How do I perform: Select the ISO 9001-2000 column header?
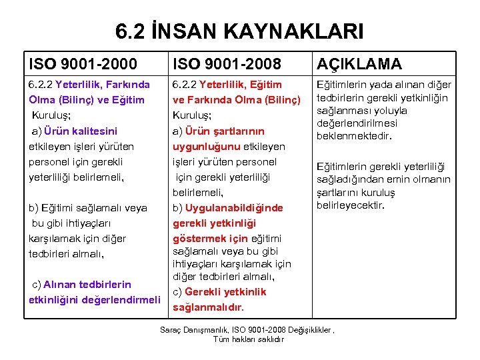point(83,64)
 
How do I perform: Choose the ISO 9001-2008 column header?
point(227,64)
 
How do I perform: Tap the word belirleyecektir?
point(351,205)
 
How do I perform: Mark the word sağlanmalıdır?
point(209,307)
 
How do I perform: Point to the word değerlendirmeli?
point(121,299)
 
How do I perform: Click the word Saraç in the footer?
point(171,330)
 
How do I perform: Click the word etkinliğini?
point(53,299)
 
